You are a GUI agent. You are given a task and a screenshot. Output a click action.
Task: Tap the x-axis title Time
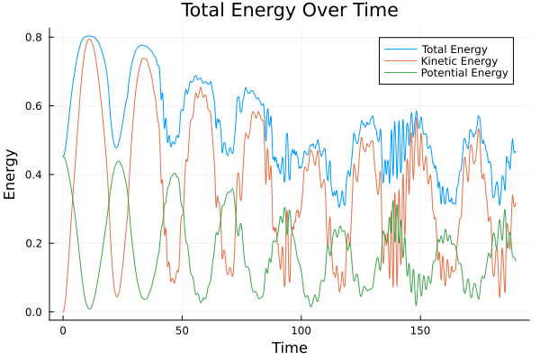[x=289, y=347]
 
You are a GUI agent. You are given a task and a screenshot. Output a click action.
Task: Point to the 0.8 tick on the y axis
[x=34, y=37]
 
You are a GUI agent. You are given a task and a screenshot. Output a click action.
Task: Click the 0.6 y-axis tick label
[x=34, y=106]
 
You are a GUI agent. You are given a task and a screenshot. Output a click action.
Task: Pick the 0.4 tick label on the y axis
[x=34, y=175]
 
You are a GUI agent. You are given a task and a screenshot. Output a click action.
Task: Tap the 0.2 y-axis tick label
[x=34, y=244]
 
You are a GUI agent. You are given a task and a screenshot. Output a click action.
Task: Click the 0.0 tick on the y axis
[x=34, y=312]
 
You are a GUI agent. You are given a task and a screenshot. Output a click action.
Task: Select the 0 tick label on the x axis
[x=63, y=329]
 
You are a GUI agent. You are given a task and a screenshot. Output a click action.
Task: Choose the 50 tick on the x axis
[x=182, y=329]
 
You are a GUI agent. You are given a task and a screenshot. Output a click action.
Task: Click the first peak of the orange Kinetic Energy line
[x=89, y=39]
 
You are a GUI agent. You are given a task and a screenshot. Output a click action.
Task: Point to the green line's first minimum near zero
[x=89, y=309]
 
